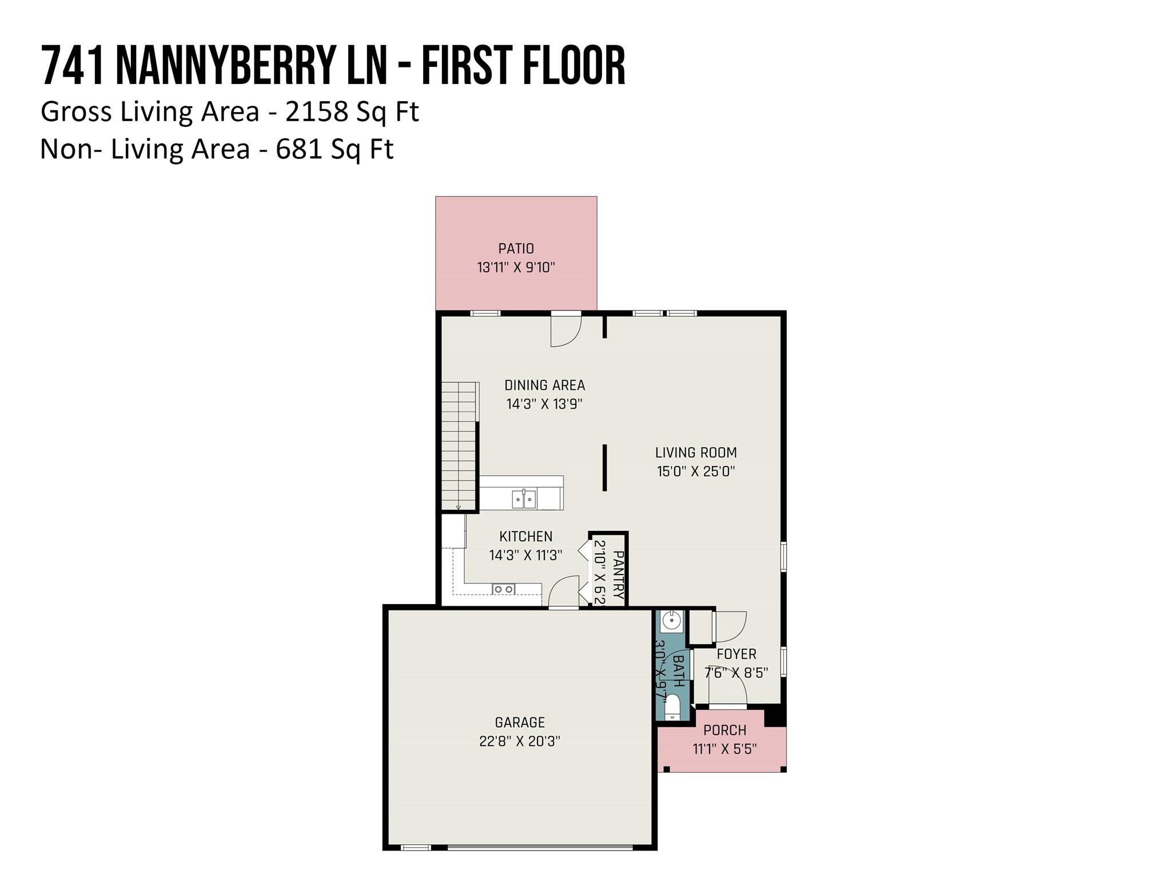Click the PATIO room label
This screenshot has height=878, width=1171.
tap(516, 249)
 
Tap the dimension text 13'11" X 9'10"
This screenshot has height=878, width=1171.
tap(516, 268)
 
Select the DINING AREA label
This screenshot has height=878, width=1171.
tap(544, 385)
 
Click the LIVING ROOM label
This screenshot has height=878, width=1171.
tap(695, 453)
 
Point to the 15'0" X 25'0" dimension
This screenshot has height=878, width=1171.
tap(695, 472)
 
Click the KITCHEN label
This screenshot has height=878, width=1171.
tap(525, 537)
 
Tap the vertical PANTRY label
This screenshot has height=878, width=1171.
tap(618, 574)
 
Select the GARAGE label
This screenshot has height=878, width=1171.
tap(519, 723)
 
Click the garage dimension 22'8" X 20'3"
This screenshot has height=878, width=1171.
tap(519, 741)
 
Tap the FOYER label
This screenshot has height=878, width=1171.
tap(736, 654)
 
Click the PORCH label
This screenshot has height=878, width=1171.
tap(724, 730)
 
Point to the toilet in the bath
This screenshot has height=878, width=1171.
tap(672, 707)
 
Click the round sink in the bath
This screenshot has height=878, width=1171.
tap(672, 620)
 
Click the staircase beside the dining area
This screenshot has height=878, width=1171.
tap(459, 446)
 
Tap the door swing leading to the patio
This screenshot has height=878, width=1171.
tap(565, 332)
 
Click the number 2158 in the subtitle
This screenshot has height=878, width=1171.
tap(316, 111)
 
